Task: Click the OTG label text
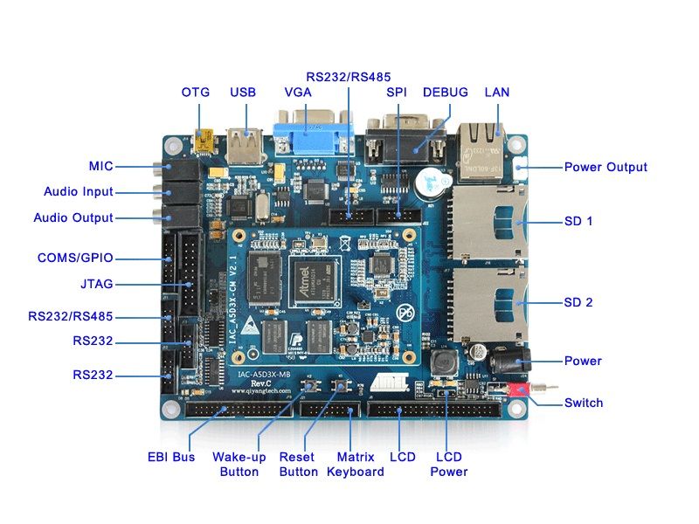click(x=196, y=92)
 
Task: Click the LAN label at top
click(x=496, y=92)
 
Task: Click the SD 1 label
click(x=578, y=221)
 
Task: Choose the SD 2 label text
click(x=578, y=302)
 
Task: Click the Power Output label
click(x=606, y=167)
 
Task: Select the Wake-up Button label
click(x=239, y=464)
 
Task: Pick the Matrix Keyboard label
click(x=356, y=464)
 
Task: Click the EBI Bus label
click(x=171, y=457)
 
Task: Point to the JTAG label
click(x=96, y=284)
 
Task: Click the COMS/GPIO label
click(x=75, y=258)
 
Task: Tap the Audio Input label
click(x=79, y=191)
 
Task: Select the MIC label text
click(x=100, y=166)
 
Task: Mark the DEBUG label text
click(x=446, y=92)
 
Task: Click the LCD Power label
click(x=449, y=464)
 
